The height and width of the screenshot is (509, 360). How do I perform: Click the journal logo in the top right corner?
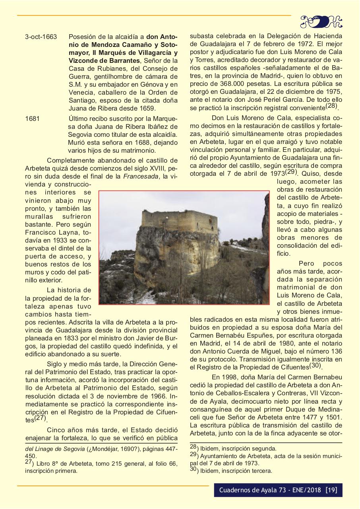coord(321,21)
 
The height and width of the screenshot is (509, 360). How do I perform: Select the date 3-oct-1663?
coord(41,37)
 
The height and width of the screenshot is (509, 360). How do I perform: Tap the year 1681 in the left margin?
coord(32,119)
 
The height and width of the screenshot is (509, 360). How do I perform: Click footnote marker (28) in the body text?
coord(331,107)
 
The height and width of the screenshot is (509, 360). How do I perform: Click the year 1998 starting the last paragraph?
coord(220,376)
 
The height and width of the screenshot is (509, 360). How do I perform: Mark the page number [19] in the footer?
coord(331,490)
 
